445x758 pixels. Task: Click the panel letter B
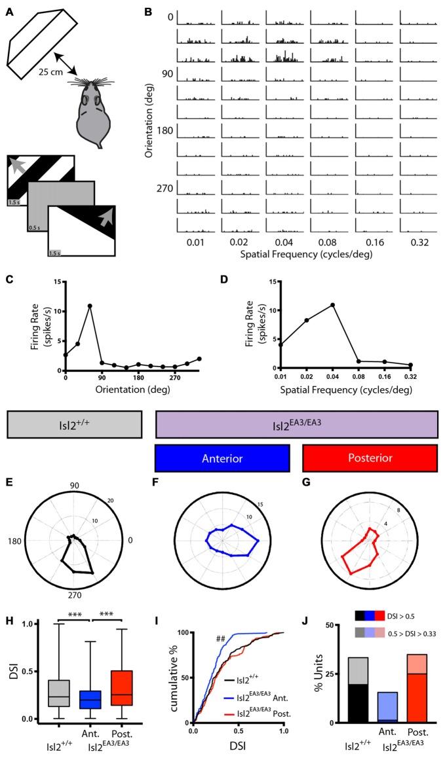148,12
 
